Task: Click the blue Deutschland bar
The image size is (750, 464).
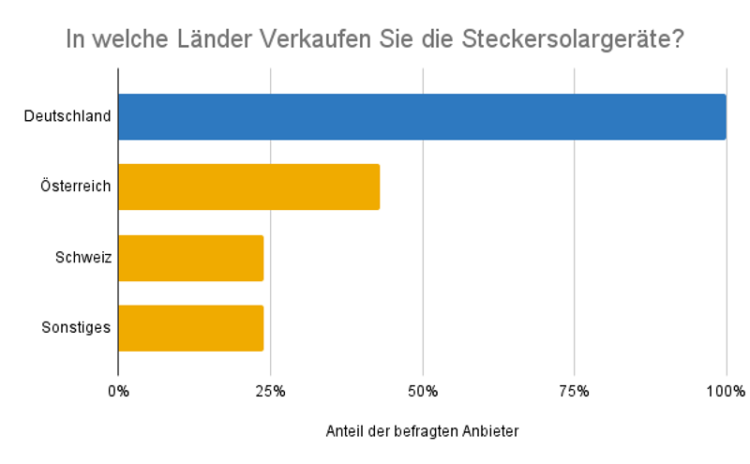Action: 422,117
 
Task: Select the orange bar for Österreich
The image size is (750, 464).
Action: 248,187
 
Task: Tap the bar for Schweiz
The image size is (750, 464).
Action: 190,258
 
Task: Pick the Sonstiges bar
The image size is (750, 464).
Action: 190,328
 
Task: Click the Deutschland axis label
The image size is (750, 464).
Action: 67,117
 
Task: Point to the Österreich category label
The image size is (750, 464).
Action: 76,187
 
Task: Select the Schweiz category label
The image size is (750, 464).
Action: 84,258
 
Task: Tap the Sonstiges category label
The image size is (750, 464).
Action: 77,328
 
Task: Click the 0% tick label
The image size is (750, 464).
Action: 118,390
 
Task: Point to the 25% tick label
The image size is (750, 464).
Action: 270,390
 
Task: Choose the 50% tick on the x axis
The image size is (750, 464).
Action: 423,390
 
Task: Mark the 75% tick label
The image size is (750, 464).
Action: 575,390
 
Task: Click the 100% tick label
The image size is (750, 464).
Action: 727,390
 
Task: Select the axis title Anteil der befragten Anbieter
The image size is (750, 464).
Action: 422,431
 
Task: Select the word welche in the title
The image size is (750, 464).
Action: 129,40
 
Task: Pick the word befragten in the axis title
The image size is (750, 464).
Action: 430,431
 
